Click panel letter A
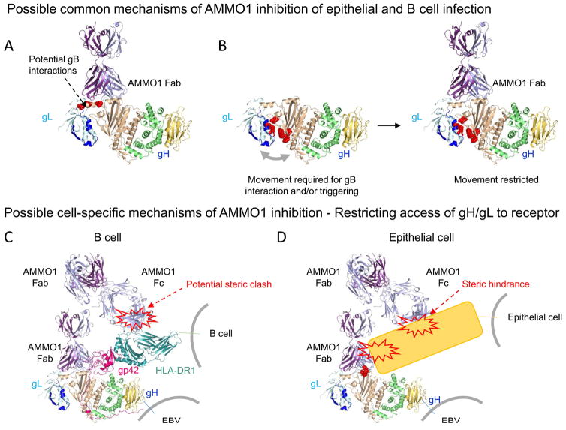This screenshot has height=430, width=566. [9, 45]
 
